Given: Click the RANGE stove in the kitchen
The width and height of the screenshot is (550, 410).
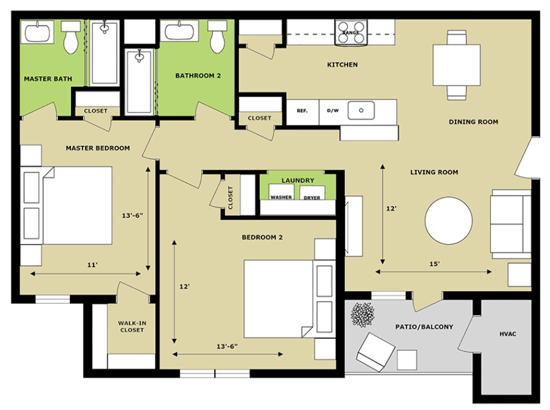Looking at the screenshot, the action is [351, 33].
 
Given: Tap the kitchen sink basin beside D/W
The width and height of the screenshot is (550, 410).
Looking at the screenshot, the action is [361, 110].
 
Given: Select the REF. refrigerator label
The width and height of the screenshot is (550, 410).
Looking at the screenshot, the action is [302, 111].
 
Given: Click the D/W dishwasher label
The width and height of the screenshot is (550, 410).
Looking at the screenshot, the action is [333, 111].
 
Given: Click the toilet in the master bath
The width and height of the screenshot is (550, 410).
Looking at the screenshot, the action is [71, 37].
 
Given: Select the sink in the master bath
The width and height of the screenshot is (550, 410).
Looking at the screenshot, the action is [37, 32].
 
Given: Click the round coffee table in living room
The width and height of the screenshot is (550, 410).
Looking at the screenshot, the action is [449, 221].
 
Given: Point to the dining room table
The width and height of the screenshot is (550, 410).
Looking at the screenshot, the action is [457, 65].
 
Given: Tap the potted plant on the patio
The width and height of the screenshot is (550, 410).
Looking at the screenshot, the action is [363, 314].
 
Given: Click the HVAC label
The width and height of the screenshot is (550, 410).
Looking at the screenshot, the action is [507, 334].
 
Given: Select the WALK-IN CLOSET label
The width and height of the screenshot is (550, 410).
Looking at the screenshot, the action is [132, 326].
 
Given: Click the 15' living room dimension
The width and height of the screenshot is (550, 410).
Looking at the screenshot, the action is [434, 264].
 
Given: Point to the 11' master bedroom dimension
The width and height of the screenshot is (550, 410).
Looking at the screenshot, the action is [92, 265].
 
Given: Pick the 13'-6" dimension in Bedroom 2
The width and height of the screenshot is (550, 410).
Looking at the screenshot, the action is [227, 346].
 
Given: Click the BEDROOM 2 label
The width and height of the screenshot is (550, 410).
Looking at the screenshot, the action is [262, 237].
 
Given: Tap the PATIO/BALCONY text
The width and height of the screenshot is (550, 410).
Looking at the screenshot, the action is [424, 327].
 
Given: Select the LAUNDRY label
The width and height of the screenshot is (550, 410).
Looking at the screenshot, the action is [298, 180].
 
